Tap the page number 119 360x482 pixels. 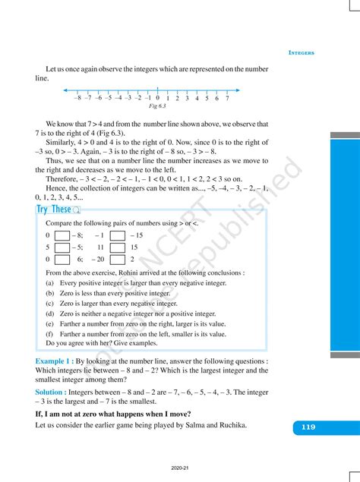[x=308, y=427]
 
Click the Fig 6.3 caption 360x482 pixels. [x=156, y=108]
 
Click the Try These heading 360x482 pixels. [x=54, y=209]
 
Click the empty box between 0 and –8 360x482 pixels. [x=62, y=236]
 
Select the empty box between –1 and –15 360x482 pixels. [x=117, y=236]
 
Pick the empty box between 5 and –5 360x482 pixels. [x=62, y=247]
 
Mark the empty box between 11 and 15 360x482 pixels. [x=117, y=247]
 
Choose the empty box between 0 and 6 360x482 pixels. [x=62, y=259]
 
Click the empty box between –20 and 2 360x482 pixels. [x=117, y=259]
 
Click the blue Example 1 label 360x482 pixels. [x=54, y=361]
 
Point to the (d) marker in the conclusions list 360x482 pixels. [x=49, y=313]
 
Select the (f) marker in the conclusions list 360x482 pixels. [x=49, y=333]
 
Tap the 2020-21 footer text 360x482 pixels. [x=180, y=470]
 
